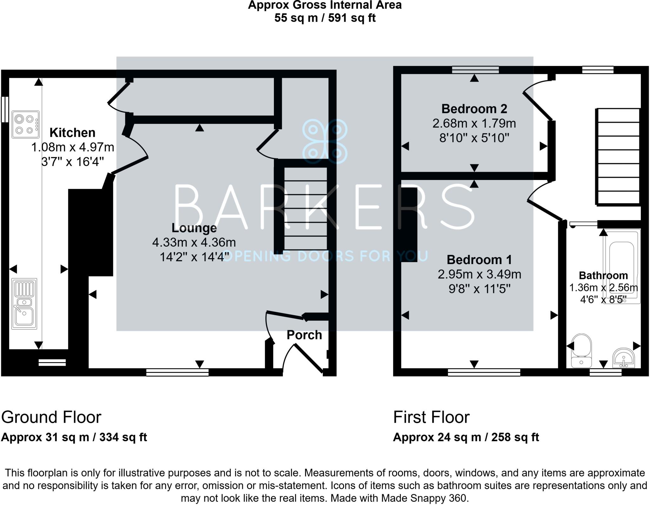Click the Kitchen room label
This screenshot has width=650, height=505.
coord(72,133)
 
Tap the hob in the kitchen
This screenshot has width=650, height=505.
coord(25,124)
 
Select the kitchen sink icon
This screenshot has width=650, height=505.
coord(24,304)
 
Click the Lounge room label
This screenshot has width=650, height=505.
coord(194,228)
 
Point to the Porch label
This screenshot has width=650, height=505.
coord(304,335)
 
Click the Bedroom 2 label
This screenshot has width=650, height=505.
coord(474,109)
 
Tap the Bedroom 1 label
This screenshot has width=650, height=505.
coord(479,260)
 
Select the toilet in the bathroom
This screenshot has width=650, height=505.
coord(581,350)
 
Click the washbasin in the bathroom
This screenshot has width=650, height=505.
coord(624,358)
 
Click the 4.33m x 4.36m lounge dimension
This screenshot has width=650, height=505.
coord(194,243)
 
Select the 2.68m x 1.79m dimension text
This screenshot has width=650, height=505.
coord(474,123)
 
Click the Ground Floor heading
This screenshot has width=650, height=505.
coord(51,417)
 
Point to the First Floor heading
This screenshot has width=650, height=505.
coord(431,417)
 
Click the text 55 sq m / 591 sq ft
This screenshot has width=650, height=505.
coord(325,18)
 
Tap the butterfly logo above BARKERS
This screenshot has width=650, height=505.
coord(325,141)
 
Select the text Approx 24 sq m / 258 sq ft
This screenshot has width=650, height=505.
coord(466,437)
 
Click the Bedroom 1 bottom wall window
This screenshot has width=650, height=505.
coord(484,372)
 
